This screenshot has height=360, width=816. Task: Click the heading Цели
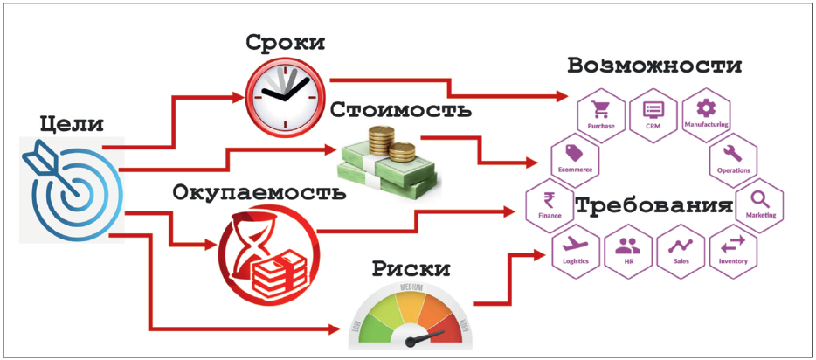tap(72, 125)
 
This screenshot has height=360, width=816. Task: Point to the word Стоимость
tap(401, 110)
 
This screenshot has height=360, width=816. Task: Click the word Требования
tap(653, 208)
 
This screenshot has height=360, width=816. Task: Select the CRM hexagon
tap(653, 115)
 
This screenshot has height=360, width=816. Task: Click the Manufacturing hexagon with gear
tap(706, 114)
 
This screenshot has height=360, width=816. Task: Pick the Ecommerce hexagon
tap(574, 159)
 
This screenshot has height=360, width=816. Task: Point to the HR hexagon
tap(627, 250)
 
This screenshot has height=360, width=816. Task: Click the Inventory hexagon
tap(732, 250)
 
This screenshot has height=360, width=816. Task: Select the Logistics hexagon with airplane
tap(576, 250)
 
